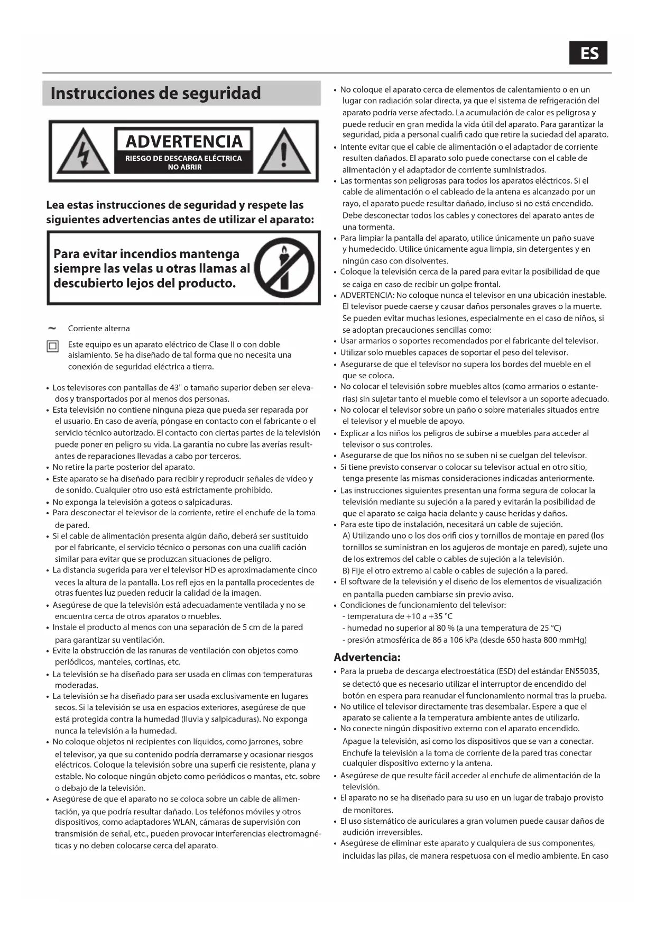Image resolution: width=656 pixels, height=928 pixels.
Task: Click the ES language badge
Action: point(588,53)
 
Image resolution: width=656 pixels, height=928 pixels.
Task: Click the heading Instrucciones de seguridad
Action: point(155,94)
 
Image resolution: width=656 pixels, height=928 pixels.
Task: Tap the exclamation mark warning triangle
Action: point(284,152)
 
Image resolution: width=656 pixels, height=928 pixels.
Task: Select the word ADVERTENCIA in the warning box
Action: point(184,141)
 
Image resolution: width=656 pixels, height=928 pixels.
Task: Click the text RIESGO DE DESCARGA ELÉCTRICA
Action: point(183,158)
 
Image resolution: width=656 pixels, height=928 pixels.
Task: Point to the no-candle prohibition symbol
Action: point(284,268)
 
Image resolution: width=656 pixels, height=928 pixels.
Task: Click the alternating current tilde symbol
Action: point(52,328)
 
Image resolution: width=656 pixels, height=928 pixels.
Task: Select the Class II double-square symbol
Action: point(53,347)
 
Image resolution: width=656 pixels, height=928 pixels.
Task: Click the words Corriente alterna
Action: point(99,329)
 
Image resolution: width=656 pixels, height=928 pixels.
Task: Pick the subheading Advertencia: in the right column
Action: point(367,657)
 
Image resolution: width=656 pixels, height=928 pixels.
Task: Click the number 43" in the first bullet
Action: point(174,388)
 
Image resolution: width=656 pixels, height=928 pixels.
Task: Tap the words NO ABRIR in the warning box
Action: point(184,167)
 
